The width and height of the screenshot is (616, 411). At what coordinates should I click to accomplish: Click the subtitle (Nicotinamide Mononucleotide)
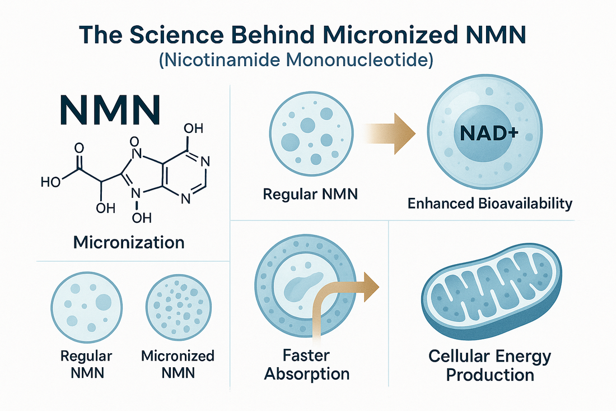click(x=307, y=61)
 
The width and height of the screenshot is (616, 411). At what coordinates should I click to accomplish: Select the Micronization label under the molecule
click(x=129, y=243)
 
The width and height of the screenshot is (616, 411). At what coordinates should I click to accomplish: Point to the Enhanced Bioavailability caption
click(x=490, y=203)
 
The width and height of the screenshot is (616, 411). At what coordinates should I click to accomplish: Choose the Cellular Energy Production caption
click(x=489, y=365)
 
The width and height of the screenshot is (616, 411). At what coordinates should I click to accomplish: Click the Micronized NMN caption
click(x=178, y=364)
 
